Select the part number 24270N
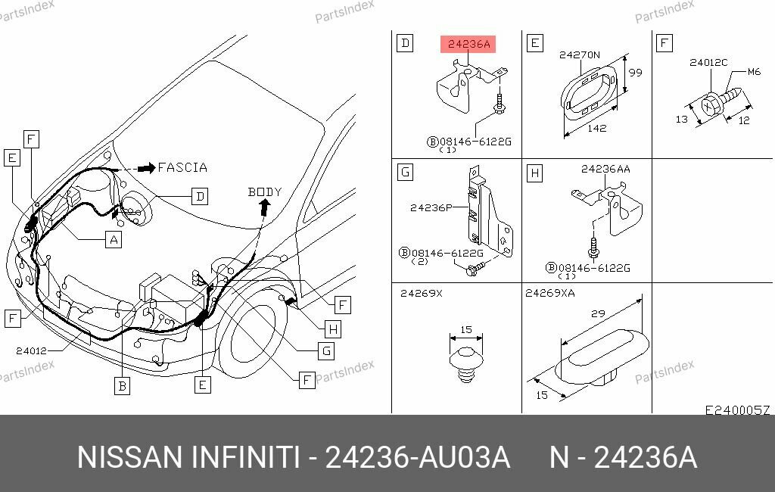(x=579, y=54)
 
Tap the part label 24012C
(x=708, y=63)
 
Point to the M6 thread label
(x=753, y=72)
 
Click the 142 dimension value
(x=597, y=128)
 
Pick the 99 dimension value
(x=635, y=73)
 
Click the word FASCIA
(x=182, y=168)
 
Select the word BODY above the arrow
(x=264, y=192)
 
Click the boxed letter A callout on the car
(x=113, y=240)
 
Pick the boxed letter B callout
(x=122, y=386)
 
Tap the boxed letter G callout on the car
(x=325, y=350)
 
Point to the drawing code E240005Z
(x=737, y=410)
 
